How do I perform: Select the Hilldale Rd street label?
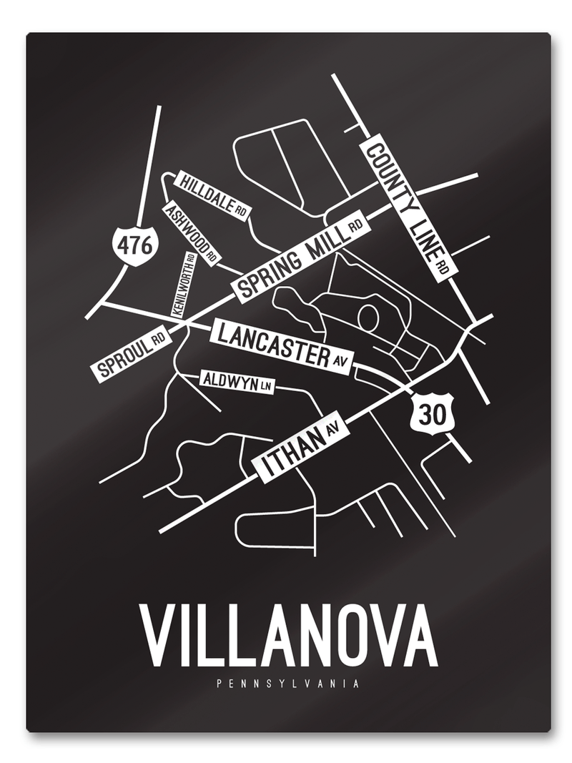pos(212,195)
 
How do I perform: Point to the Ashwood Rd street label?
pos(192,233)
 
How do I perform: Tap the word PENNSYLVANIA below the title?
pos(287,684)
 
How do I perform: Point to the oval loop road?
pos(369,316)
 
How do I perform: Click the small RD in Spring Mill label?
pos(355,227)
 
